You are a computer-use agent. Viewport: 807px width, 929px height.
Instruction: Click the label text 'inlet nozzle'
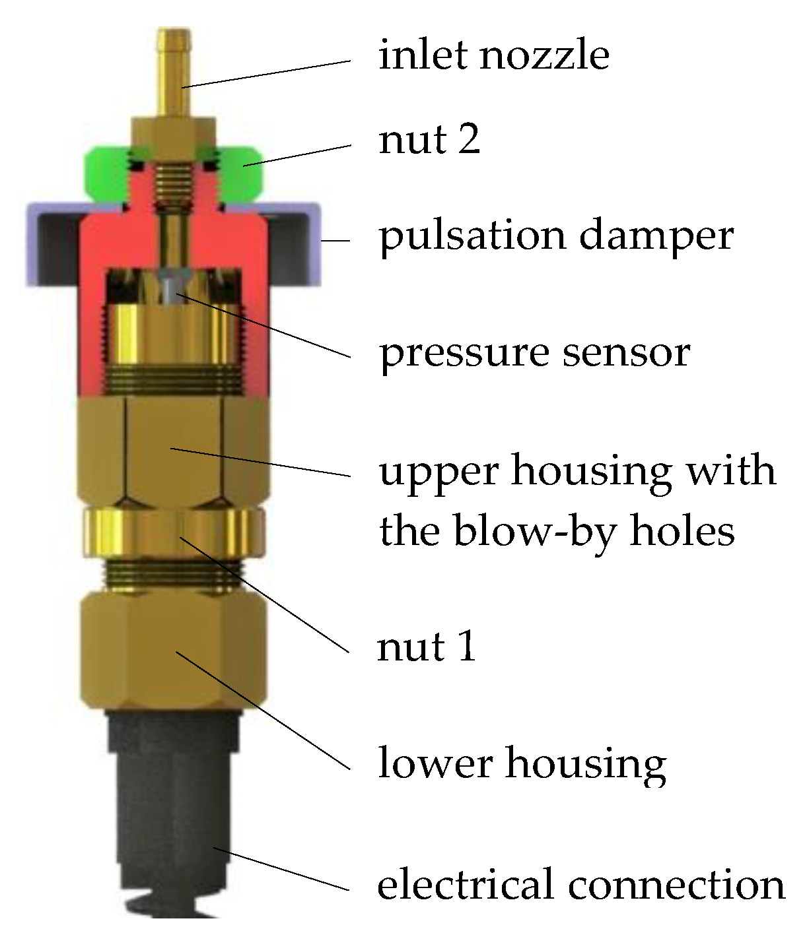pos(493,54)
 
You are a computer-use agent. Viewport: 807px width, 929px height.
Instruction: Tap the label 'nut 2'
pos(429,139)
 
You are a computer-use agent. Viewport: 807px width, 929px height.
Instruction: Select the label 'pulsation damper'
pos(555,236)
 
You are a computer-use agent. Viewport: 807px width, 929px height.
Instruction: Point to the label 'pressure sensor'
pos(534,352)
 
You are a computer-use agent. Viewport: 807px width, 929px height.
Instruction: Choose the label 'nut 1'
pos(426,646)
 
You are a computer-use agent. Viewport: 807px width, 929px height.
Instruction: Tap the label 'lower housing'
pos(522,763)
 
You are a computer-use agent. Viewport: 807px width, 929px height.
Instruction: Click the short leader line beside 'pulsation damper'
pos(336,241)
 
